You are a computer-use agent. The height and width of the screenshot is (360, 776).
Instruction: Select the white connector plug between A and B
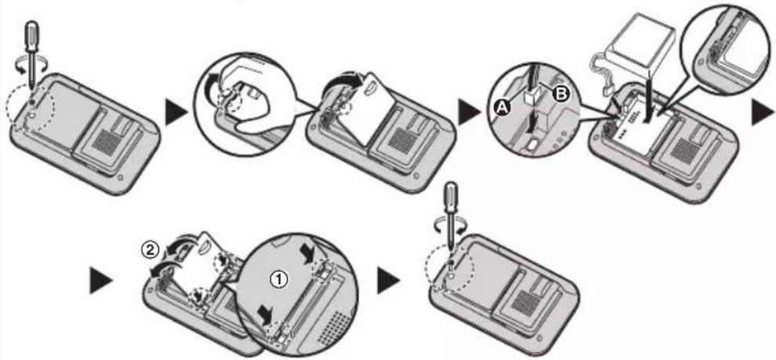[x=531, y=96]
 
